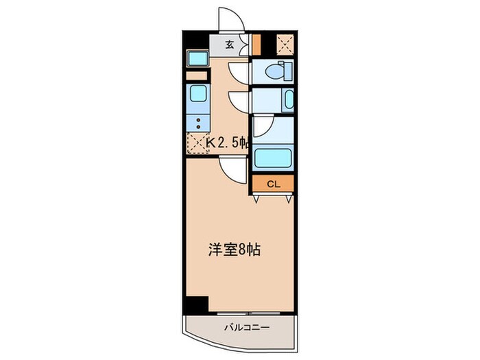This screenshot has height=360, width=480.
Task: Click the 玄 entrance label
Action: [230, 45]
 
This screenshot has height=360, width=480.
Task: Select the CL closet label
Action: [273, 184]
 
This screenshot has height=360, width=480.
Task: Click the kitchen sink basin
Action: [197, 93]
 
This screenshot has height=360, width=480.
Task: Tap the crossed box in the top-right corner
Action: [284, 44]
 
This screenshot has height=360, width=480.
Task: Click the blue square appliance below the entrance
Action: [197, 59]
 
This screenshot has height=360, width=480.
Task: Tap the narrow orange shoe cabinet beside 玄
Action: [256, 44]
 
